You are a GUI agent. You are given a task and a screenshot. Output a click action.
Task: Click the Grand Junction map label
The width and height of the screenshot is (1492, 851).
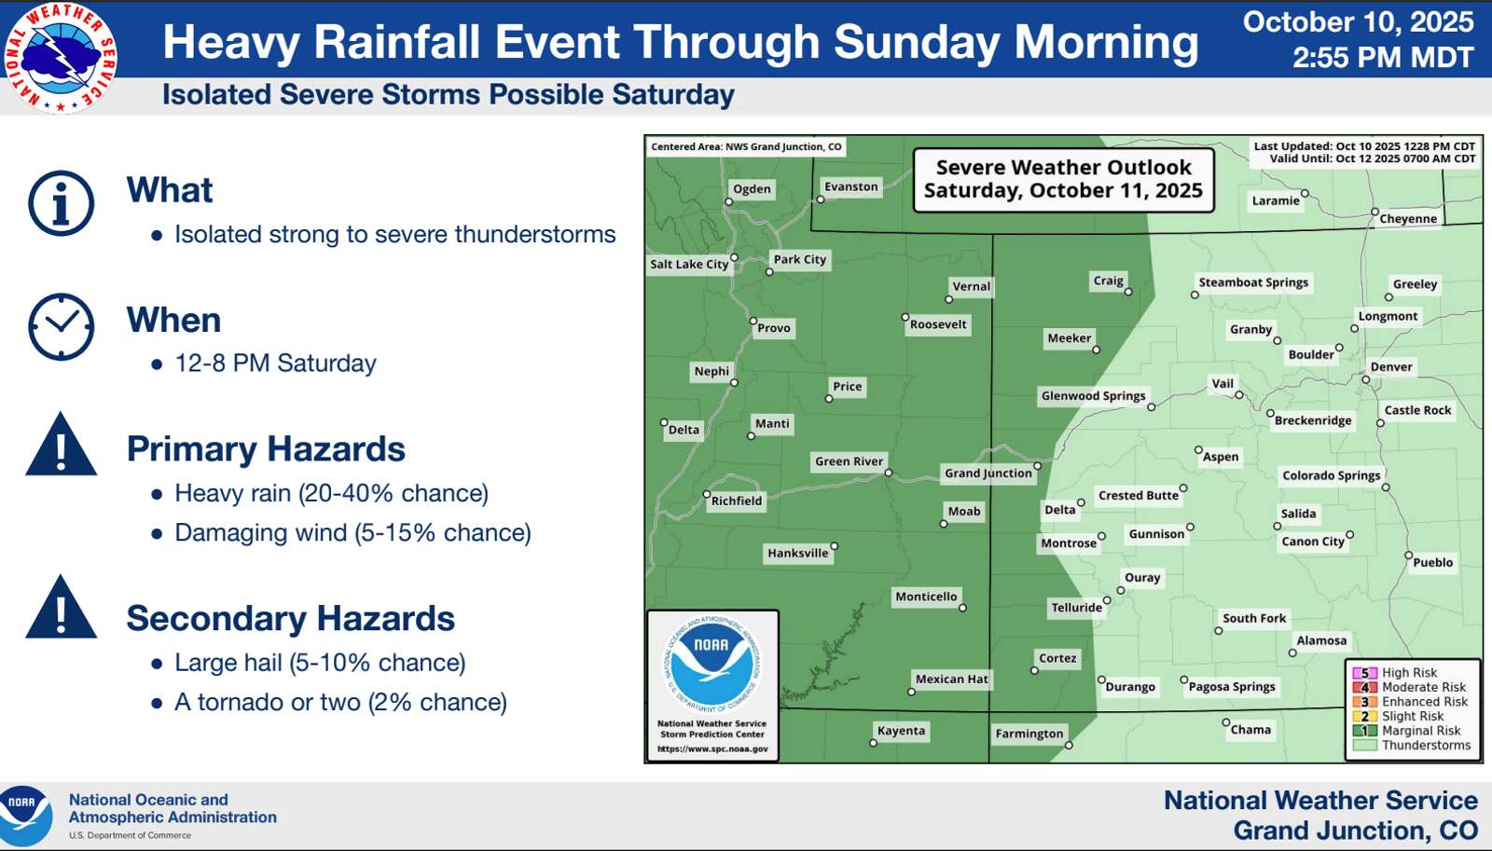click(x=988, y=473)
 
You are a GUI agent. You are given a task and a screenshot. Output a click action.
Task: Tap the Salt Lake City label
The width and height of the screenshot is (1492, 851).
click(x=689, y=264)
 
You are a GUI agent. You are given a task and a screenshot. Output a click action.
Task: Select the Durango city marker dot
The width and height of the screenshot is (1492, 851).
click(x=1101, y=679)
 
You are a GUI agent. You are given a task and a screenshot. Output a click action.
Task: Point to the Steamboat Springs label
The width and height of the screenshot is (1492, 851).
click(x=1253, y=282)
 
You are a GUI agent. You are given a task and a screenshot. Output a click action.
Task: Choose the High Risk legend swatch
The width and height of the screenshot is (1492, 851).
click(x=1364, y=673)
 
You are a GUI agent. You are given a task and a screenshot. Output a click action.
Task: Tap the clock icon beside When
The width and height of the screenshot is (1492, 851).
click(x=62, y=326)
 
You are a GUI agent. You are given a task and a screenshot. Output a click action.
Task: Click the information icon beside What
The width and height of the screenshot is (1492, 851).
click(x=62, y=203)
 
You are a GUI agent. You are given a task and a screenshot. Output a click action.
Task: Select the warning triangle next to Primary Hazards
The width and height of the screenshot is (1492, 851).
click(x=62, y=445)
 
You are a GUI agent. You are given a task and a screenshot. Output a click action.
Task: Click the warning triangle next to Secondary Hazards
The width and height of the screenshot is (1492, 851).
click(x=62, y=608)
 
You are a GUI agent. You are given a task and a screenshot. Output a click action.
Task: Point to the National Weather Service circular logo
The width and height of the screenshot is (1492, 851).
click(x=60, y=58)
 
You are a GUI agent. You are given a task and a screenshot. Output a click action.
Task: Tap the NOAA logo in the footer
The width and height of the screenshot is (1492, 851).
click(x=25, y=816)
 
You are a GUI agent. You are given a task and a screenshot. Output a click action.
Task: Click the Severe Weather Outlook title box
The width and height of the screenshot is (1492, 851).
click(x=1063, y=179)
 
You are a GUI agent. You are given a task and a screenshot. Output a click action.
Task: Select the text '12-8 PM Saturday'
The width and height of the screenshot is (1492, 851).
click(x=275, y=364)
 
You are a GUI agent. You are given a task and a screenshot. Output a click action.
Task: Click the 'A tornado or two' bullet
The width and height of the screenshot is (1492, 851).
click(x=340, y=703)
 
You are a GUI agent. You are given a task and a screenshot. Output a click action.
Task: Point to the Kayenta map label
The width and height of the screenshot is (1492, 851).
click(x=901, y=731)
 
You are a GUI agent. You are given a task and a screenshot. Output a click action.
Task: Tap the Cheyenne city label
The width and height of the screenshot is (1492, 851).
click(x=1408, y=218)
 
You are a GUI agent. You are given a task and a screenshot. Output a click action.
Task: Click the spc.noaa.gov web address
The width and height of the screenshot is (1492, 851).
click(x=712, y=748)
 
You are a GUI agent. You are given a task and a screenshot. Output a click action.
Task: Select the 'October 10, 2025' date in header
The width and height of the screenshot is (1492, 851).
click(x=1358, y=22)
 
